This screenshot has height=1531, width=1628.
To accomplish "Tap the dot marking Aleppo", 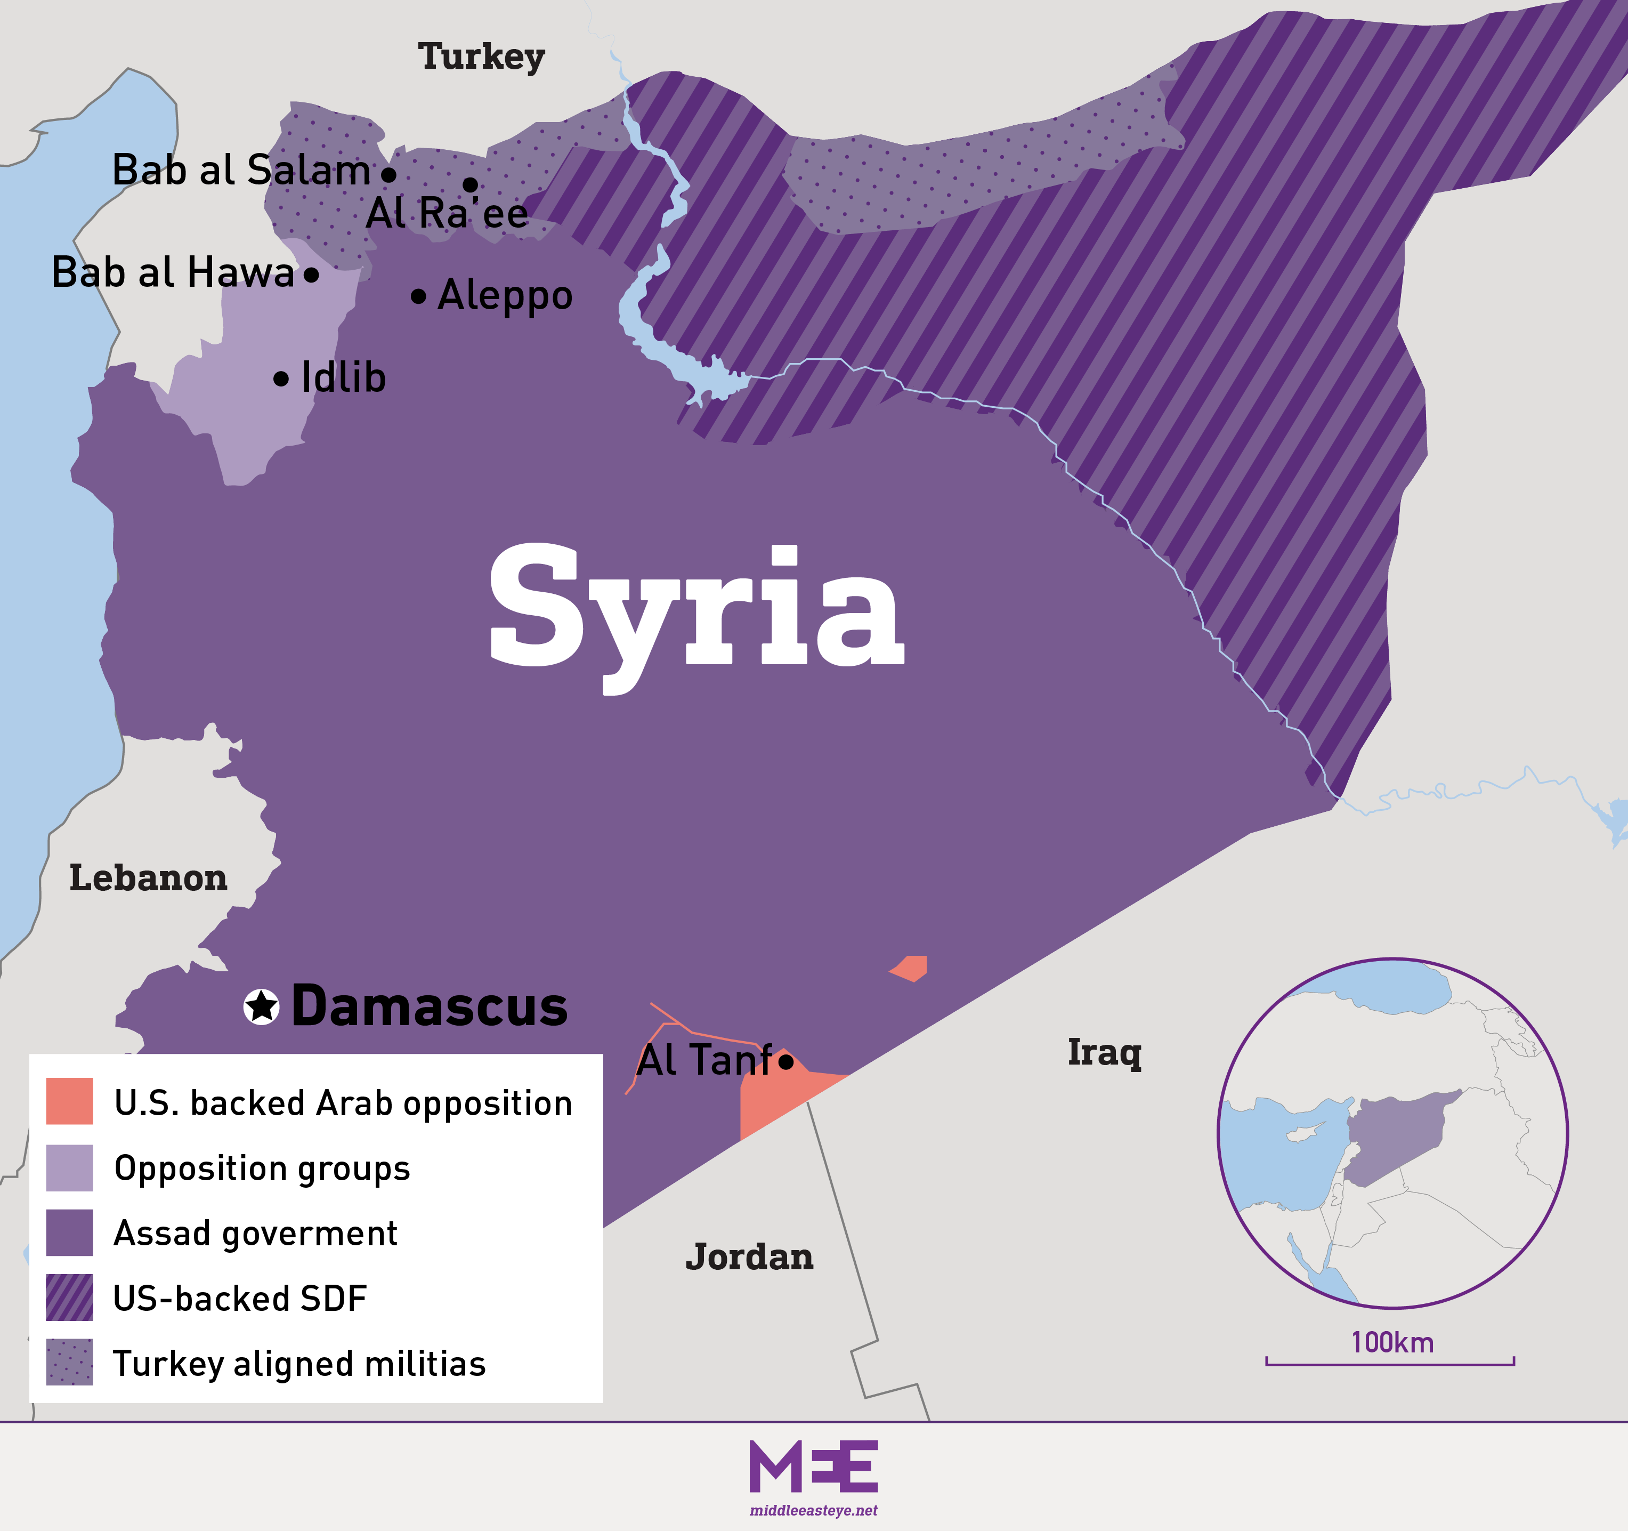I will pos(418,296).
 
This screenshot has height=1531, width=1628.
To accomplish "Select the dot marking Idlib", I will pos(281,378).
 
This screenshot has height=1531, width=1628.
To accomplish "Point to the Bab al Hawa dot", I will pos(311,275).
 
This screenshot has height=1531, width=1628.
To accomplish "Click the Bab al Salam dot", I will pos(389,174).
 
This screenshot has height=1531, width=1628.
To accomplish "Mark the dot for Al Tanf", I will pos(786,1062).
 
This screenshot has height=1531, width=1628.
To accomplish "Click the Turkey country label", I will pos(482,57).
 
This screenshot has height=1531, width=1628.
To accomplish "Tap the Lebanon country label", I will pos(148,878).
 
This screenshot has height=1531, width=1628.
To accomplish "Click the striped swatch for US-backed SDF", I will pos(70,1297).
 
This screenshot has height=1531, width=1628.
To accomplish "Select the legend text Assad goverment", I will pos(255,1233).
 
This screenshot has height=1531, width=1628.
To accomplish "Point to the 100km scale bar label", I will pos(1392,1343).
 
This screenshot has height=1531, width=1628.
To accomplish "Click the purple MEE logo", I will pos(813,1466).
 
